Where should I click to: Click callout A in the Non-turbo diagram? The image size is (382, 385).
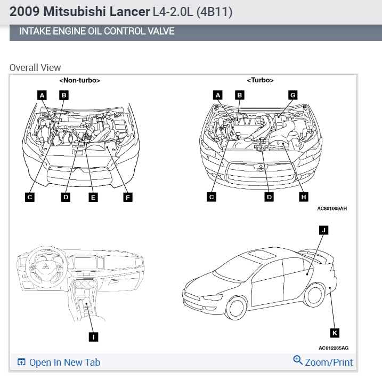pyautogui.click(x=42, y=95)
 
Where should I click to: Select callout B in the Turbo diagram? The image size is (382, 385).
pyautogui.click(x=240, y=95)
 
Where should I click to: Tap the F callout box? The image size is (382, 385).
pyautogui.click(x=127, y=197)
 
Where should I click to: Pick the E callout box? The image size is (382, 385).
pyautogui.click(x=93, y=197)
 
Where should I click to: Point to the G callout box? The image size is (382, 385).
pyautogui.click(x=292, y=95)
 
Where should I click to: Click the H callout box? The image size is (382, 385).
pyautogui.click(x=303, y=197)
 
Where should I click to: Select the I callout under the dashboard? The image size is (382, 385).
pyautogui.click(x=94, y=336)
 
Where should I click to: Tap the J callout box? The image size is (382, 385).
pyautogui.click(x=322, y=230)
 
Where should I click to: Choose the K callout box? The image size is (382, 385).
pyautogui.click(x=335, y=333)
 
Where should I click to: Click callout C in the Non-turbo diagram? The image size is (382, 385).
pyautogui.click(x=30, y=197)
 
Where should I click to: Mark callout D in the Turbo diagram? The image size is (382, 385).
pyautogui.click(x=269, y=197)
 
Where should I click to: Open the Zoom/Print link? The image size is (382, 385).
pyautogui.click(x=323, y=362)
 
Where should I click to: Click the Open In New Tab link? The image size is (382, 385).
pyautogui.click(x=59, y=363)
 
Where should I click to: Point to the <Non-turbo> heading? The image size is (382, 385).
pyautogui.click(x=80, y=80)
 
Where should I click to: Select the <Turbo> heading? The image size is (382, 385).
pyautogui.click(x=260, y=80)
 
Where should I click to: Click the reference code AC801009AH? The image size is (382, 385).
pyautogui.click(x=331, y=209)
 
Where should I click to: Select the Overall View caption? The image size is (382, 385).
pyautogui.click(x=35, y=68)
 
